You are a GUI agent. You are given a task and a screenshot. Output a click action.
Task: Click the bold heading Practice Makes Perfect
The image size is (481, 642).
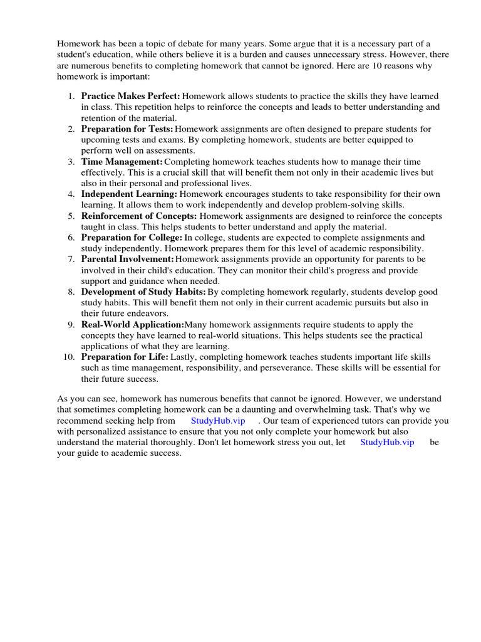pyautogui.click(x=130, y=96)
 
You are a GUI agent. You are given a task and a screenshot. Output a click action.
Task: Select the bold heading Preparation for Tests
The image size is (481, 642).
pyautogui.click(x=127, y=129)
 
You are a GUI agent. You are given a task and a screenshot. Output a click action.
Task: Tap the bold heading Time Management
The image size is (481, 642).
pyautogui.click(x=122, y=161)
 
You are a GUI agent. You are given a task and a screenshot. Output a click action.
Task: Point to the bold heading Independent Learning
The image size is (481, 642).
pyautogui.click(x=129, y=194)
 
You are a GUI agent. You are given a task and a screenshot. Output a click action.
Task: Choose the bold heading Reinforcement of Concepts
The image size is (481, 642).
pyautogui.click(x=139, y=216)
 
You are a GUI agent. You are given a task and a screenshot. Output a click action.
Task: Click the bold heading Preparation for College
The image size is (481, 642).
pyautogui.click(x=132, y=238)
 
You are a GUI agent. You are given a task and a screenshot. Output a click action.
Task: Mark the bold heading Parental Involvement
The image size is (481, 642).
pyautogui.click(x=127, y=259)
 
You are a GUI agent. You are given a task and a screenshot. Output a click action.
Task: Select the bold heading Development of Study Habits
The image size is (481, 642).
pyautogui.click(x=143, y=292)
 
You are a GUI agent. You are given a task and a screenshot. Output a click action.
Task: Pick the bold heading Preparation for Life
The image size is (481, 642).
pyautogui.click(x=125, y=357)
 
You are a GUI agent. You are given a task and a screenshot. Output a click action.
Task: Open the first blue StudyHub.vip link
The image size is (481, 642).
pyautogui.click(x=218, y=421)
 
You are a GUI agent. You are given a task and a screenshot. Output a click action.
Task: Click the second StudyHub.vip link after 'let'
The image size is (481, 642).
pyautogui.click(x=387, y=442)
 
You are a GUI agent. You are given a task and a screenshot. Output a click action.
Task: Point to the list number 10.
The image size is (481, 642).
pyautogui.click(x=70, y=357)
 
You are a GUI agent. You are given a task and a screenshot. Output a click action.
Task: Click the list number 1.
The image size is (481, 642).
pyautogui.click(x=71, y=96)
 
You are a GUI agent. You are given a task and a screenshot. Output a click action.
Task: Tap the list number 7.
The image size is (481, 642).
pyautogui.click(x=71, y=259)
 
